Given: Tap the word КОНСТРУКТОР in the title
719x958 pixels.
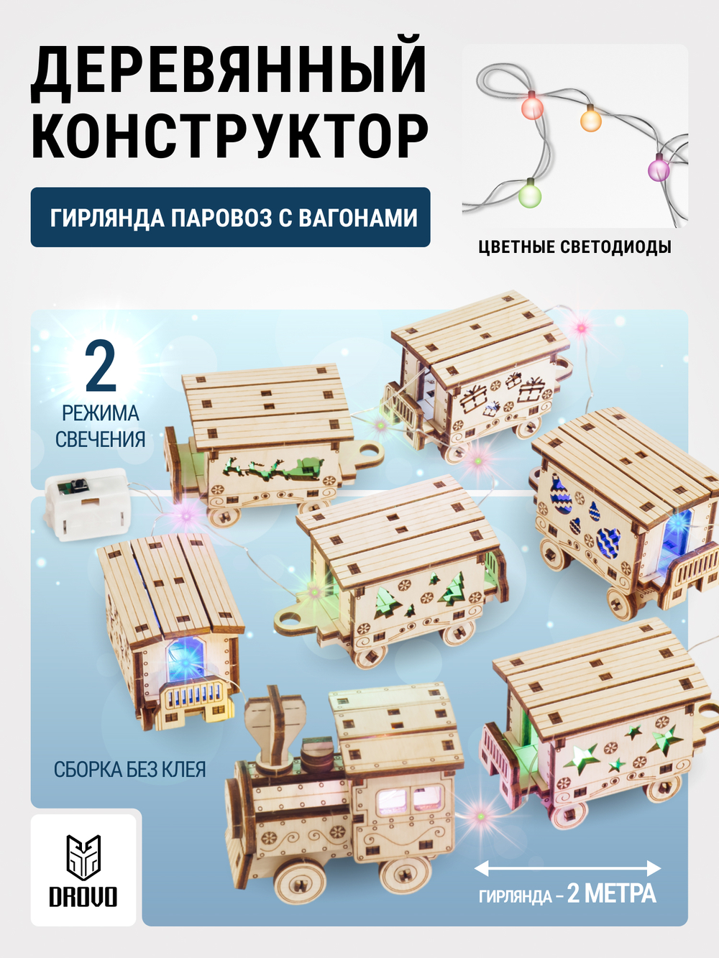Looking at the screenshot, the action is point(229,137).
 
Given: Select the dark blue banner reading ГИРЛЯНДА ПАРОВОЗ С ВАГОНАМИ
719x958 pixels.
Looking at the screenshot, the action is point(231,217).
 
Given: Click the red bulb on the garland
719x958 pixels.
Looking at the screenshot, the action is point(532,106).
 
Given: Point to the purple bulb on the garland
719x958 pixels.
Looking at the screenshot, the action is point(659,168).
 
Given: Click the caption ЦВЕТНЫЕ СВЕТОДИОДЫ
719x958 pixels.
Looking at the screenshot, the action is point(574,247).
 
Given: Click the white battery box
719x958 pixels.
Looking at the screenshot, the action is point(86,504).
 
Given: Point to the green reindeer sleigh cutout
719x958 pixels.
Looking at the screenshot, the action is point(273,469).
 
